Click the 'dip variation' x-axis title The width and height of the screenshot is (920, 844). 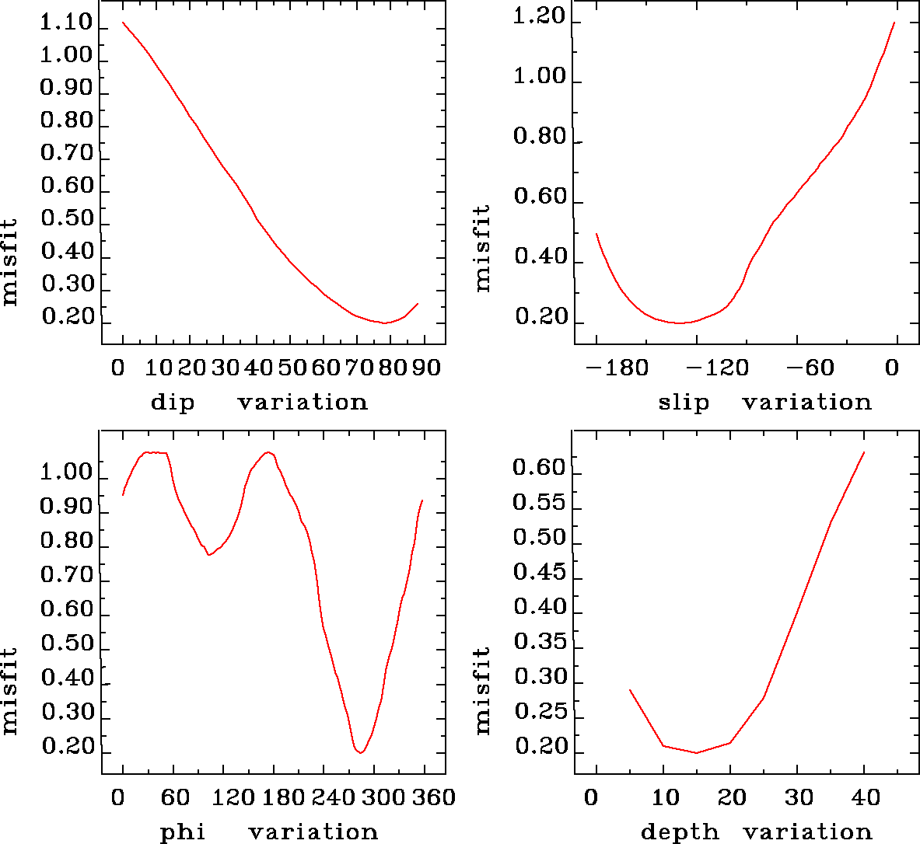(258, 403)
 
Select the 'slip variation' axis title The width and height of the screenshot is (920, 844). (764, 403)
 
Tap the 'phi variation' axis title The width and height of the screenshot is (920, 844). (268, 832)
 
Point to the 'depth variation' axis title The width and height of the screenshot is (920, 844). (756, 832)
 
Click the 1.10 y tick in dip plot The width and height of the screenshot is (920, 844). (67, 23)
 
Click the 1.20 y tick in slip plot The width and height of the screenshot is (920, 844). (539, 17)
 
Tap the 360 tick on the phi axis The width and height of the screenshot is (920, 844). (436, 797)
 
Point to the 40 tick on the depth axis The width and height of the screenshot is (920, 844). (863, 797)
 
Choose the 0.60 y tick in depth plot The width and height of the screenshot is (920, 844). (539, 468)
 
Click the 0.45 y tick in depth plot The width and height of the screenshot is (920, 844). (539, 573)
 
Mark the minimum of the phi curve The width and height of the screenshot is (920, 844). (360, 752)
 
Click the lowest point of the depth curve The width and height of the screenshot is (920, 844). (696, 752)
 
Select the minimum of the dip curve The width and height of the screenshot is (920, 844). (384, 323)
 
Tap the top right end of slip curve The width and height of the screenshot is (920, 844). (894, 23)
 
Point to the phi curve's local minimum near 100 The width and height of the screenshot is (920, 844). (208, 555)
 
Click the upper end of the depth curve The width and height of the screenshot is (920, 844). (864, 452)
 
